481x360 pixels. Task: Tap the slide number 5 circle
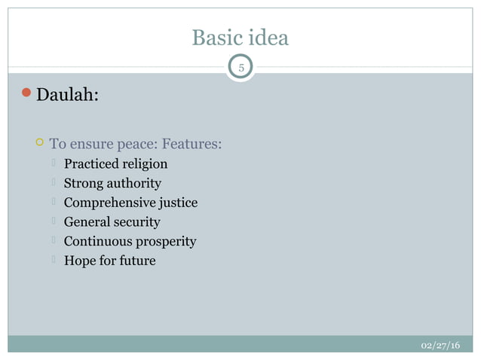coord(240,68)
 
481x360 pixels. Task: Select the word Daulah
coord(66,96)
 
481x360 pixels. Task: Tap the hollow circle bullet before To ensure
coord(39,143)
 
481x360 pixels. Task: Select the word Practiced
coord(91,163)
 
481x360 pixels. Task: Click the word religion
coord(145,163)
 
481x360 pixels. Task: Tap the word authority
coord(134,183)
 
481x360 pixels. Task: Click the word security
coord(137,222)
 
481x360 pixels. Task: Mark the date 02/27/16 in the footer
coord(440,345)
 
